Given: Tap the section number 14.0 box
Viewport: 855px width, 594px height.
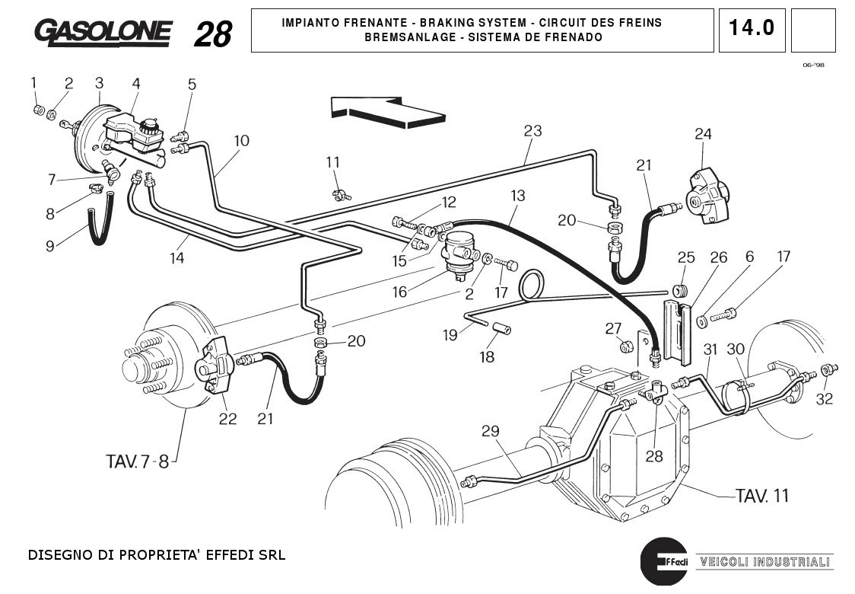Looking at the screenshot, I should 751,29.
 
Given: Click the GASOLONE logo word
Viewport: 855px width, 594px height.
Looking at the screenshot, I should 103,32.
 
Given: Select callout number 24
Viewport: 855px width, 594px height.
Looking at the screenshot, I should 703,135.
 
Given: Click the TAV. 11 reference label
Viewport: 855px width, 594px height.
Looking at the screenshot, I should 761,496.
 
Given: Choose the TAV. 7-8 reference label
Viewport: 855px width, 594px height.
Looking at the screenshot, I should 138,461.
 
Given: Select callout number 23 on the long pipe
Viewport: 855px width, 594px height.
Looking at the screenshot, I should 532,131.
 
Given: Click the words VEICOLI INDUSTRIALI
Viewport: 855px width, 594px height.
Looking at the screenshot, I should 764,562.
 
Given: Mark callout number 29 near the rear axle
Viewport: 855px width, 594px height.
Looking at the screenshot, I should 490,431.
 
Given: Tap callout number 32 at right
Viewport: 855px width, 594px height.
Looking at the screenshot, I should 824,399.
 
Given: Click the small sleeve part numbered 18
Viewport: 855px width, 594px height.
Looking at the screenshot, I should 501,330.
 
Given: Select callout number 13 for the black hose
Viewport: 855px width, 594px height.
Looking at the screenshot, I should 517,196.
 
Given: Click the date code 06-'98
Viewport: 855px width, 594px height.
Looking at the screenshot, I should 813,65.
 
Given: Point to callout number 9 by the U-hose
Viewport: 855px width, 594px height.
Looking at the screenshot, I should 50,245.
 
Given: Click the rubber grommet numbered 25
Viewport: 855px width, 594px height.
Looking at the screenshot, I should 680,291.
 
